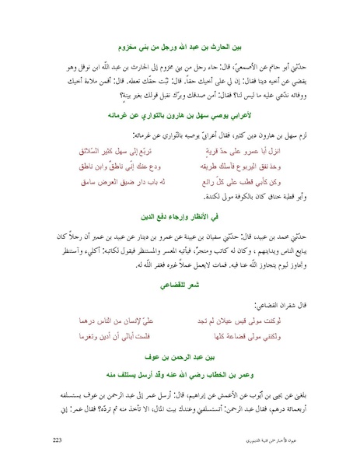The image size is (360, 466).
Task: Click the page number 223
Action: coord(56,441)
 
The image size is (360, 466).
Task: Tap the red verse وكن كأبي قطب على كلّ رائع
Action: coord(247,183)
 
